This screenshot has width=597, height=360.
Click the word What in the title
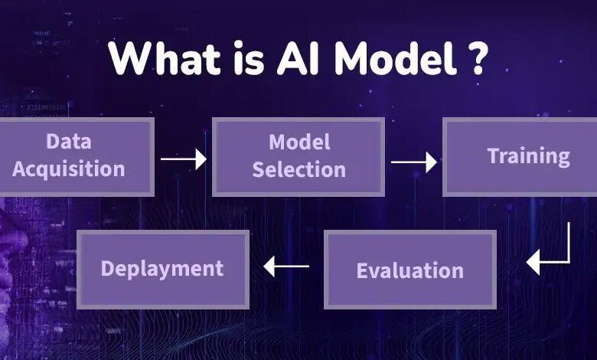tap(165, 57)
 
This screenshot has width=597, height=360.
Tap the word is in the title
tap(249, 58)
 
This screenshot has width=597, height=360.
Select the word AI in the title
tap(298, 58)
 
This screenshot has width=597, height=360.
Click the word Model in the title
tap(395, 57)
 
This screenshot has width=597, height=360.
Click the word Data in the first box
tap(69, 142)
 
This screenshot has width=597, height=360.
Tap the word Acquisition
tap(69, 169)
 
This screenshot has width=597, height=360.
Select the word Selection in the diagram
tap(299, 169)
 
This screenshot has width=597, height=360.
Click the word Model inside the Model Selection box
tap(299, 142)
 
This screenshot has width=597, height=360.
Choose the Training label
tap(528, 156)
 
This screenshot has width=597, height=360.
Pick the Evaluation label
tap(410, 271)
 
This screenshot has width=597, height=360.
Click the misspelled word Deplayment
tap(162, 269)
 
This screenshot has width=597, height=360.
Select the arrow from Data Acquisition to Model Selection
tap(184, 159)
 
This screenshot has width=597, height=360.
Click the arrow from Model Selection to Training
tap(414, 162)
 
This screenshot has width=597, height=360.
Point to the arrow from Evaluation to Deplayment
tap(286, 267)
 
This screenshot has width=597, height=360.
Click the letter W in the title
tap(129, 58)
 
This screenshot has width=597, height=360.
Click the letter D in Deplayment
tap(108, 268)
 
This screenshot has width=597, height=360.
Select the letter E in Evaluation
tap(363, 271)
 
